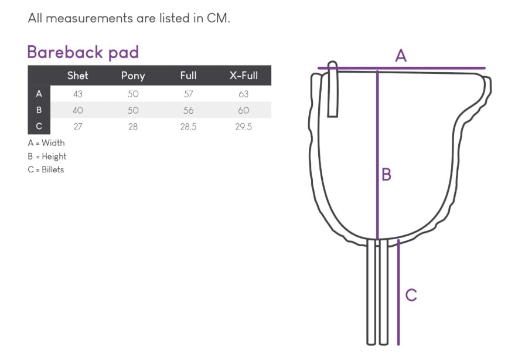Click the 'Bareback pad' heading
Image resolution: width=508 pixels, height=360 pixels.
[x=83, y=53]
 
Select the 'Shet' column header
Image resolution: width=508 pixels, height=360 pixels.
[x=78, y=76]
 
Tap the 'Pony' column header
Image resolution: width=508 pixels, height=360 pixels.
[x=133, y=76]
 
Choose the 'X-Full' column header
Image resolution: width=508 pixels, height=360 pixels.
[x=244, y=76]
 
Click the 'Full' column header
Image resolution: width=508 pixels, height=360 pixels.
[x=188, y=76]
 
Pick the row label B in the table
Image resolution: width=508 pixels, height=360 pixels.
[x=39, y=110]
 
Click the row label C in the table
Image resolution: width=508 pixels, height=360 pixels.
[x=39, y=126]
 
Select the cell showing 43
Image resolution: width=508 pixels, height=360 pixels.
[x=78, y=94]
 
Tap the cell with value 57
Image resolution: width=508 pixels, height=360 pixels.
[x=188, y=94]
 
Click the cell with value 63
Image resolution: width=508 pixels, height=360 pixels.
[x=244, y=94]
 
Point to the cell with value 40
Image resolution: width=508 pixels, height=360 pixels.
[x=78, y=110]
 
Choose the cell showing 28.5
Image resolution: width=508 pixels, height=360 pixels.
[x=188, y=127]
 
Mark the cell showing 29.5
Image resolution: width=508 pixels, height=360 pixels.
[x=244, y=127]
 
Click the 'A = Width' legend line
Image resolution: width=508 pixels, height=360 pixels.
[x=46, y=142]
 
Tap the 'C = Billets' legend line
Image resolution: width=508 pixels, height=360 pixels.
[x=46, y=169]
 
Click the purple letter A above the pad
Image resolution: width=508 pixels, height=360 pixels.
[x=401, y=56]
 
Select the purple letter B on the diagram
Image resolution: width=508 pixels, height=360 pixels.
[x=387, y=175]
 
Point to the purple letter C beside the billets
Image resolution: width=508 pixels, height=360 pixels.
[x=411, y=295]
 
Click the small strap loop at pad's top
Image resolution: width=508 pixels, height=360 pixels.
[x=333, y=89]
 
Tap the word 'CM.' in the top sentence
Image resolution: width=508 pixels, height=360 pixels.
[x=219, y=18]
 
